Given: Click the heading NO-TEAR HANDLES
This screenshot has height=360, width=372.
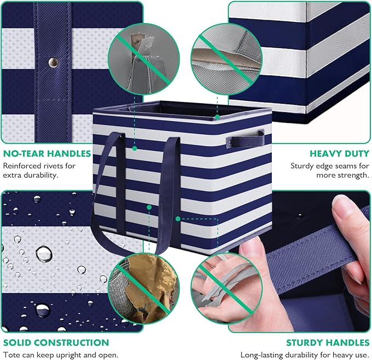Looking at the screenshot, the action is (x=47, y=154).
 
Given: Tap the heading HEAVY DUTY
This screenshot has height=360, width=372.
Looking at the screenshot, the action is (x=340, y=154).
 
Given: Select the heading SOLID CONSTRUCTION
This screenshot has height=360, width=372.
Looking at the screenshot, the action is (x=56, y=342).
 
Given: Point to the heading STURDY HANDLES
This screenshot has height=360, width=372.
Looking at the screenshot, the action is (x=328, y=343).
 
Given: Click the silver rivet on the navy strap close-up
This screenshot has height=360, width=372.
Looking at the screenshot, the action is (x=53, y=62).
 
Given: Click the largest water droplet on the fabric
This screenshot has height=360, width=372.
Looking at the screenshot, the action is (x=44, y=254).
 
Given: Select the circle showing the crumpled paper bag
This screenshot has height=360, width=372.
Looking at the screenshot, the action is (x=144, y=289).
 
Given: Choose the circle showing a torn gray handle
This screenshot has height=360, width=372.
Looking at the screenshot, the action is (x=144, y=59).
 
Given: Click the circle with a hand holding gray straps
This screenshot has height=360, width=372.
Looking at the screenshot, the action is (x=227, y=289).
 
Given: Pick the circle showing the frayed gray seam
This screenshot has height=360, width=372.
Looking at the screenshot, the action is (x=227, y=59).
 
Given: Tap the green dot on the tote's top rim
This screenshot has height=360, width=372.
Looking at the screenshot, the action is (x=217, y=117).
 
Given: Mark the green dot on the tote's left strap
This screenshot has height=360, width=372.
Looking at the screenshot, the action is (x=135, y=148).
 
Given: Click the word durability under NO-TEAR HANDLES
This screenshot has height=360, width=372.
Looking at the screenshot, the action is (x=40, y=175).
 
